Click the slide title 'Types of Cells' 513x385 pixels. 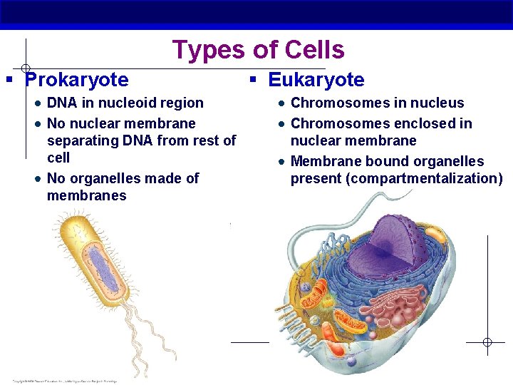coord(258,50)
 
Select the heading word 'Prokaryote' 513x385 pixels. coord(77,80)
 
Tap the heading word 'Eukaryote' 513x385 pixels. coord(316,80)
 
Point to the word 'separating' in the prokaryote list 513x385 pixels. coord(81,140)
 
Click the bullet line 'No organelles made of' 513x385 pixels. coord(123,178)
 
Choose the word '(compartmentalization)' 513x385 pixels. coord(424,178)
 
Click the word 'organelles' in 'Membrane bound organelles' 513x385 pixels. coord(448,161)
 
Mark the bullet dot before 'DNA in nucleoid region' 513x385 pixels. coord(36,104)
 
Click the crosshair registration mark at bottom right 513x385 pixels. coord(487,342)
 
